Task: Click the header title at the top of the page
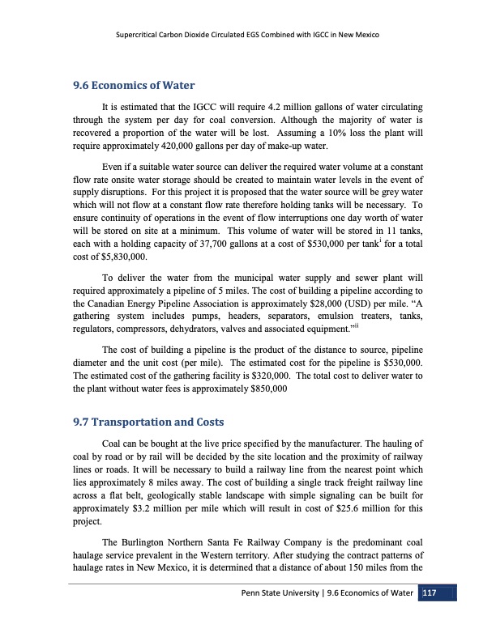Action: [248, 36]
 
